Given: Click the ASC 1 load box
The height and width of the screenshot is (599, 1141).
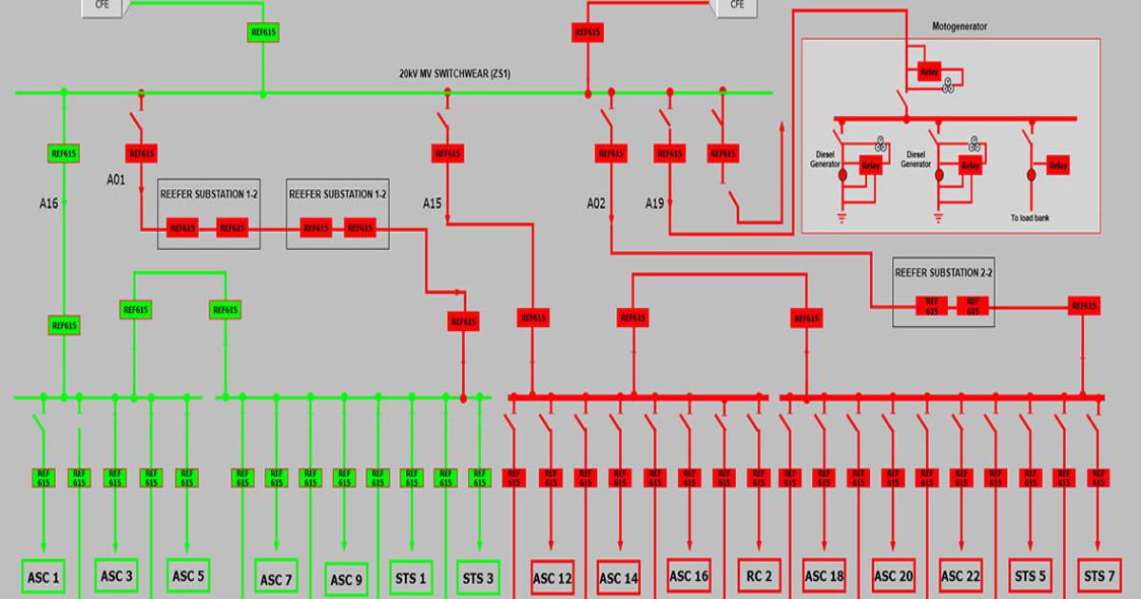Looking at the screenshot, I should click(x=43, y=577).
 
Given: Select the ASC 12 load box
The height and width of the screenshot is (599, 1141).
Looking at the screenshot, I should click(x=552, y=578).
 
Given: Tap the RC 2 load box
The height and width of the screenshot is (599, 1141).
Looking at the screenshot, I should click(x=760, y=575).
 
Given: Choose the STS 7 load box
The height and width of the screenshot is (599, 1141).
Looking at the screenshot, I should click(x=1100, y=575).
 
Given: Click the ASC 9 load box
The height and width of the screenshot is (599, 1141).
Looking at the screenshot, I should click(x=346, y=579).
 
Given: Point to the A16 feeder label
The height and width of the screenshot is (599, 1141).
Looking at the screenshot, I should click(x=50, y=203).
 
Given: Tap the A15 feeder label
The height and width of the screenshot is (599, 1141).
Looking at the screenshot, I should click(x=434, y=203).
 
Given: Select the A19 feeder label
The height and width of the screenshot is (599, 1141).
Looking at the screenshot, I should click(x=655, y=203).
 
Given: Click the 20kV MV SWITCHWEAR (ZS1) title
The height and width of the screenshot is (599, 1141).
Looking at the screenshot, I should click(x=454, y=73).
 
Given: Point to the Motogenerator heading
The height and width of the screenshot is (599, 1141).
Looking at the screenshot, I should click(x=958, y=27).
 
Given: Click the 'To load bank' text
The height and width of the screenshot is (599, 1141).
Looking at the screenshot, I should click(x=1035, y=218).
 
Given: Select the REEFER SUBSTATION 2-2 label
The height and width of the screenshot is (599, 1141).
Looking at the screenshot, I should click(x=943, y=272).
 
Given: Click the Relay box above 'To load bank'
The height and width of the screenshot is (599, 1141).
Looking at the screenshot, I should click(x=1058, y=165).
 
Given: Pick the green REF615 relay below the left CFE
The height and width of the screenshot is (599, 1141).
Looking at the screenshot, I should click(x=263, y=32).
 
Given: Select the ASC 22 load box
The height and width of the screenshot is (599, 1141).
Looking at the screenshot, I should click(x=960, y=575).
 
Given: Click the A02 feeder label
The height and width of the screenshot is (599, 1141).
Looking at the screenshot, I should click(x=596, y=203).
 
